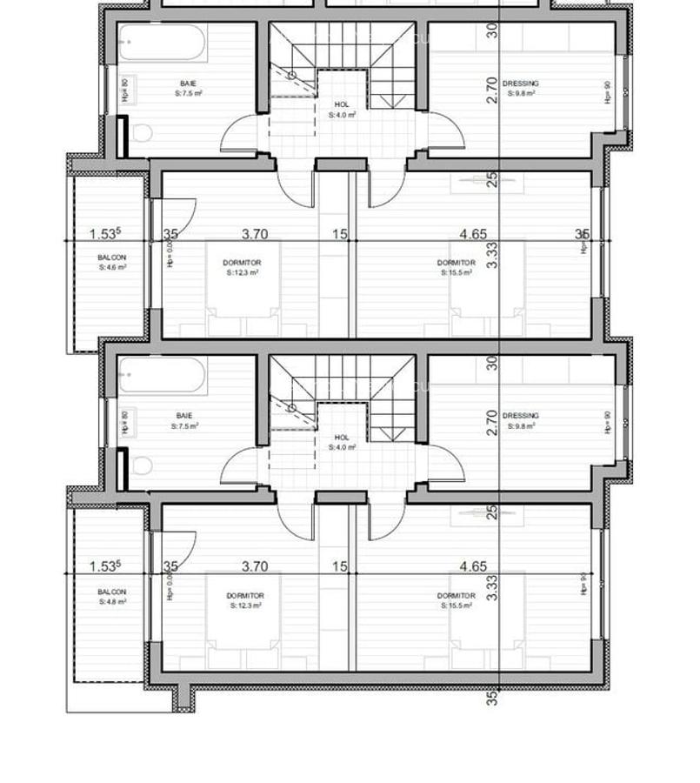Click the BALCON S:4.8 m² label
(x=111, y=596)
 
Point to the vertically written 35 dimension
(x=493, y=697)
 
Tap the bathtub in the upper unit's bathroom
(x=163, y=43)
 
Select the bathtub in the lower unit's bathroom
(x=163, y=376)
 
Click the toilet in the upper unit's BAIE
(x=142, y=133)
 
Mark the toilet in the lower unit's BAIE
(x=142, y=466)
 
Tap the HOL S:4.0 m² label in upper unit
(x=342, y=110)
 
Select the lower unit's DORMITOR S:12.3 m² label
(x=245, y=600)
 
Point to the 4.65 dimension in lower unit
(x=473, y=566)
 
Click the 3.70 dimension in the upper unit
(x=254, y=234)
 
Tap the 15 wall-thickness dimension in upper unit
(x=339, y=234)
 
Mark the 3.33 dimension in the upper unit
(x=492, y=254)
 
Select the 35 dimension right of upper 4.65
(x=582, y=234)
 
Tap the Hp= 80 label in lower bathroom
(x=125, y=423)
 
